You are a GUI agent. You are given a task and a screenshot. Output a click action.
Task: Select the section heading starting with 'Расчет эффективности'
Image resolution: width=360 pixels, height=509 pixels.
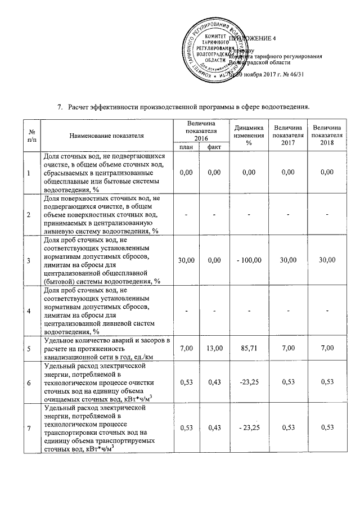coord(189,107)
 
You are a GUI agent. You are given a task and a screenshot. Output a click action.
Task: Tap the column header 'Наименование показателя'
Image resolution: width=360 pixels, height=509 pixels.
coord(107,136)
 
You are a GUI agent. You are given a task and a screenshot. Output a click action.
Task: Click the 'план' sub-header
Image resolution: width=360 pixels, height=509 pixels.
coord(185,147)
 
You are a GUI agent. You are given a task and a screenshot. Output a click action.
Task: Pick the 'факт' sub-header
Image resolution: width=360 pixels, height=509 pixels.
coord(214,147)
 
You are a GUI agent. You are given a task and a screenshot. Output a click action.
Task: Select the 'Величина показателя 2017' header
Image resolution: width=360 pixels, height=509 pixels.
coord(287,136)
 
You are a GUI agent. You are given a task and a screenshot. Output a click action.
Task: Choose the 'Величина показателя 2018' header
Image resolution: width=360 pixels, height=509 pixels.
coord(327,136)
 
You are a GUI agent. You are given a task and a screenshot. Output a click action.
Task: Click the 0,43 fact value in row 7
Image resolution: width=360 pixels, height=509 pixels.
coord(214,428)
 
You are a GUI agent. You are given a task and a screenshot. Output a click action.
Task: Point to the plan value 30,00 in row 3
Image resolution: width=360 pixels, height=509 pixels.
coord(186,259)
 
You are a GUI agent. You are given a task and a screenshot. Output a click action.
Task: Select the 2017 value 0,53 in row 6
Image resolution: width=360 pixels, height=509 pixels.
coord(287,383)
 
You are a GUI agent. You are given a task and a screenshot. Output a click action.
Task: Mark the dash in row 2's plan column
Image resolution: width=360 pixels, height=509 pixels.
coord(186,214)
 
